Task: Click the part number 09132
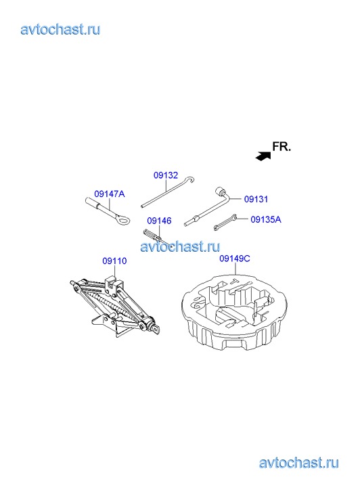pyautogui.click(x=166, y=175)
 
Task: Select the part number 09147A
pyautogui.click(x=110, y=194)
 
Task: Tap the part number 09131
pyautogui.click(x=256, y=199)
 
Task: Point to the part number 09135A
pyautogui.click(x=266, y=219)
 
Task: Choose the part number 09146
pyautogui.click(x=159, y=221)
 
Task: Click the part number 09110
pyautogui.click(x=114, y=261)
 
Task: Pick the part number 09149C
pyautogui.click(x=235, y=259)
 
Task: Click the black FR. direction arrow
pyautogui.click(x=263, y=156)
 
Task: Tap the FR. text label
pyautogui.click(x=282, y=147)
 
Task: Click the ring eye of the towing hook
pyautogui.click(x=122, y=219)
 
